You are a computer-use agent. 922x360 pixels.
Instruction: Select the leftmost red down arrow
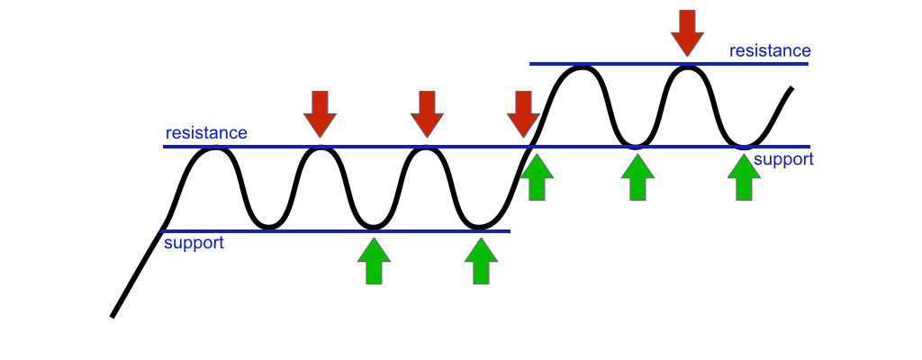tap(320, 113)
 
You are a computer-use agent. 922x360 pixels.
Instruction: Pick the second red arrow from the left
tap(426, 113)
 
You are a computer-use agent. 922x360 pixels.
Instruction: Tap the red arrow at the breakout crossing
tap(523, 113)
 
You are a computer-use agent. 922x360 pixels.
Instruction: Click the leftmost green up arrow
tap(374, 261)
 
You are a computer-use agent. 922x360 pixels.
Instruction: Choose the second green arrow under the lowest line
tap(480, 261)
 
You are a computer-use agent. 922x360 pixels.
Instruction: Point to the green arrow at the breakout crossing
tap(538, 177)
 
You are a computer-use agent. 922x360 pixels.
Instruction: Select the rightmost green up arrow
tap(744, 177)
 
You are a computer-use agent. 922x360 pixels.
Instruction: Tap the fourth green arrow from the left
tap(638, 177)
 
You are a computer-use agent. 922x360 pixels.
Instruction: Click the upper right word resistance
tap(770, 50)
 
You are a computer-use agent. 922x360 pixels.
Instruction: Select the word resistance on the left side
tap(206, 133)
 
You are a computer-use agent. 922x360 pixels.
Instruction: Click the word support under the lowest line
tap(194, 243)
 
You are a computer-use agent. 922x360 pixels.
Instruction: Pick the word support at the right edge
tap(783, 159)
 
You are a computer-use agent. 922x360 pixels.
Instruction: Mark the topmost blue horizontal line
tap(668, 64)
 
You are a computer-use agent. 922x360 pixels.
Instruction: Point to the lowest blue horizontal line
tap(334, 231)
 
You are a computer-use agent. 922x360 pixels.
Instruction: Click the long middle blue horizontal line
tap(486, 146)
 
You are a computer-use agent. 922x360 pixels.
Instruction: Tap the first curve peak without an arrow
tap(213, 148)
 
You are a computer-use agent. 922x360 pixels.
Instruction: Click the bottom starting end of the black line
tap(113, 316)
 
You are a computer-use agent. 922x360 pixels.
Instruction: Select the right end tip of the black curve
tap(791, 88)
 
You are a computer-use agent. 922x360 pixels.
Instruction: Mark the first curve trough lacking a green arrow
tap(267, 227)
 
